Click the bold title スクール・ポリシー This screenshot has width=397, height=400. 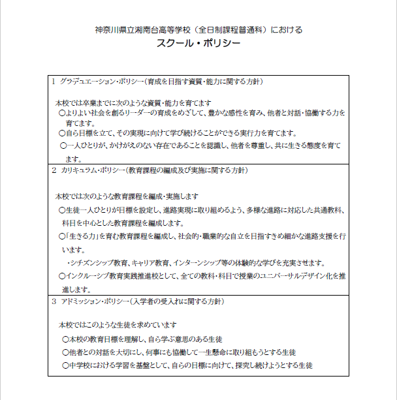tap(198, 44)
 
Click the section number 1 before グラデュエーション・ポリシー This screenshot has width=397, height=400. tap(54, 82)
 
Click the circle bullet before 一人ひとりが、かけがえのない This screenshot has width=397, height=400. tap(63, 145)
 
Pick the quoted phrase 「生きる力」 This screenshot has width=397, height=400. tap(79, 236)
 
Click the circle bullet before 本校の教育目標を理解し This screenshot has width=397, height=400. tap(65, 339)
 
